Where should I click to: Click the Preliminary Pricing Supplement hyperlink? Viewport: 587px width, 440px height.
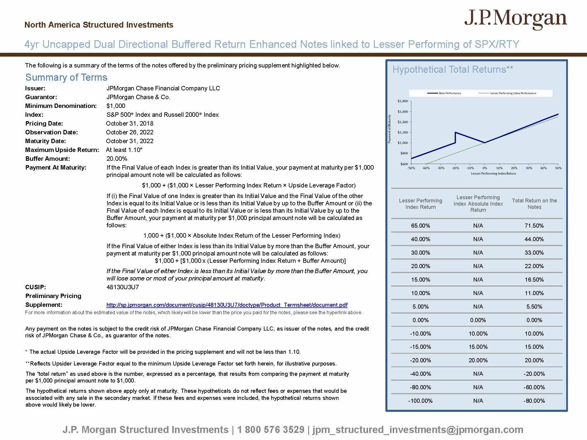point(227,305)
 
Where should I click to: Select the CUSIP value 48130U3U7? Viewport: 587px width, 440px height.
point(122,287)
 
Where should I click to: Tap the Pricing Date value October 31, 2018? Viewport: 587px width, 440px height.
point(129,123)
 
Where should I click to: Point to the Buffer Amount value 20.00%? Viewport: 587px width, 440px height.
point(117,159)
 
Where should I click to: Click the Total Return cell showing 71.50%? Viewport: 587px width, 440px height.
point(534,226)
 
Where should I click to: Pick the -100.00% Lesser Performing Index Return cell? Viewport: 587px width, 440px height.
point(420,401)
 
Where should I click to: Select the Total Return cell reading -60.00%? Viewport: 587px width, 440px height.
point(534,387)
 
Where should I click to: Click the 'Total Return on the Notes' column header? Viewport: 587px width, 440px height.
point(534,204)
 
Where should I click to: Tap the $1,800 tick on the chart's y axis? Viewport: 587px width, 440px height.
point(403,101)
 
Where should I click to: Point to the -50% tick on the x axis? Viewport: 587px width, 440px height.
point(411,168)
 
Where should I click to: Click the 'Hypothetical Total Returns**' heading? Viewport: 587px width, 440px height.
point(453,70)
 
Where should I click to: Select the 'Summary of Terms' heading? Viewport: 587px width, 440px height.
point(66,77)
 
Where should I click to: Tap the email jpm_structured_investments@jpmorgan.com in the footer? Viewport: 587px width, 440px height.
point(418,429)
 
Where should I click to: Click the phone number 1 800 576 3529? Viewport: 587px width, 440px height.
point(271,429)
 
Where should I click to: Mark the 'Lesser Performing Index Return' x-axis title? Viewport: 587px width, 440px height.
point(493,173)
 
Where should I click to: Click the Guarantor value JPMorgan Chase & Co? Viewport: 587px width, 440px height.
point(138,97)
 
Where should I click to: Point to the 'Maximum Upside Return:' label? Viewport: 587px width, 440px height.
point(62,150)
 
